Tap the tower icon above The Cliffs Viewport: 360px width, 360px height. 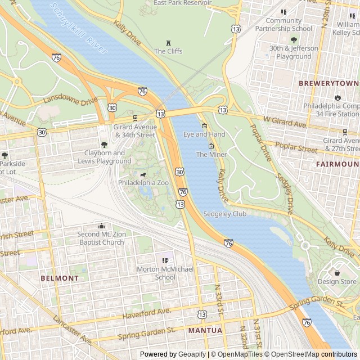pos(168,43)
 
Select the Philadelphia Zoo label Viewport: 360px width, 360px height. pos(143,183)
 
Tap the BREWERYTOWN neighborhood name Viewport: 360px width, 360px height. pos(328,83)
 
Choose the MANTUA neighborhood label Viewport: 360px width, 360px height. pos(205,330)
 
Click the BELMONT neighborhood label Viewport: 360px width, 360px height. pos(60,278)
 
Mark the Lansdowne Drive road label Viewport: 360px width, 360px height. pos(70,101)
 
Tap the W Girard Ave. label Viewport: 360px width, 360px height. pos(285,121)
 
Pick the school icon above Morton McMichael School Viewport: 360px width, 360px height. pos(165,261)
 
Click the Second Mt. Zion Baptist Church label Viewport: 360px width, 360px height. pos(101,238)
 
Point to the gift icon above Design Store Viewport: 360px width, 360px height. pos(337,273)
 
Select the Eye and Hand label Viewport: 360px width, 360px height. pos(204,134)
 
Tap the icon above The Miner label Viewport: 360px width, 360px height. pos(211,146)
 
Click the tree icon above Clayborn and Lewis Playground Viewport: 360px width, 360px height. pos(104,145)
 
